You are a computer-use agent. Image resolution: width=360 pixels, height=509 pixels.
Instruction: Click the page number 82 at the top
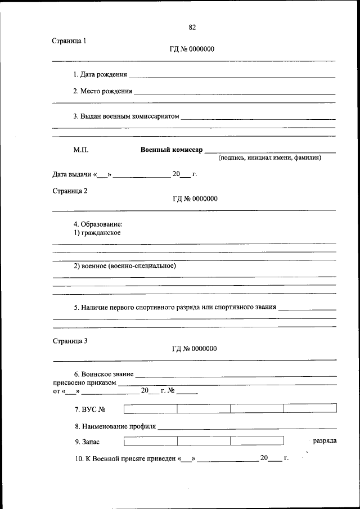pyautogui.click(x=192, y=28)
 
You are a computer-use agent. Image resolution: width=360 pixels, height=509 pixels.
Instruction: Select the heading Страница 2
pyautogui.click(x=70, y=191)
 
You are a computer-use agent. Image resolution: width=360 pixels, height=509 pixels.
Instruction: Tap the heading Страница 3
pyautogui.click(x=70, y=340)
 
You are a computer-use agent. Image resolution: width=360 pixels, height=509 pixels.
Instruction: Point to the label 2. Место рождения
pyautogui.click(x=102, y=91)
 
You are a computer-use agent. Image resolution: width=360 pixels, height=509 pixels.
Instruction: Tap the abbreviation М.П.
pyautogui.click(x=80, y=150)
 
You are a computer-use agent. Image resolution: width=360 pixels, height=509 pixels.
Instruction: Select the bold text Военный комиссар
pyautogui.click(x=171, y=150)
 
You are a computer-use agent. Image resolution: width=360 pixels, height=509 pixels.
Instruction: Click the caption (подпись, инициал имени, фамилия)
pyautogui.click(x=270, y=158)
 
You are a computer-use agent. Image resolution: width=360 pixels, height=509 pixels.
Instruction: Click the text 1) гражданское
pyautogui.click(x=97, y=232)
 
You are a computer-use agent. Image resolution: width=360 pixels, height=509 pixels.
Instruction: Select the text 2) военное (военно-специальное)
pyautogui.click(x=125, y=266)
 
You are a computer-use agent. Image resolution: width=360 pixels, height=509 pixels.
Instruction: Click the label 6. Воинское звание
pyautogui.click(x=103, y=374)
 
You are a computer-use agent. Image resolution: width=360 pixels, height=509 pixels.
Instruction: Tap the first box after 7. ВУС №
pyautogui.click(x=150, y=409)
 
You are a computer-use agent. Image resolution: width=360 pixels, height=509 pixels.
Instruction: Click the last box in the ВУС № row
pyautogui.click(x=310, y=409)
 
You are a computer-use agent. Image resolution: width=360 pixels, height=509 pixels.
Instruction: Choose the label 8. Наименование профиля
pyautogui.click(x=115, y=426)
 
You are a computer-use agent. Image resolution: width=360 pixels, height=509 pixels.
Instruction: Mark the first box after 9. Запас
pyautogui.click(x=150, y=441)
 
